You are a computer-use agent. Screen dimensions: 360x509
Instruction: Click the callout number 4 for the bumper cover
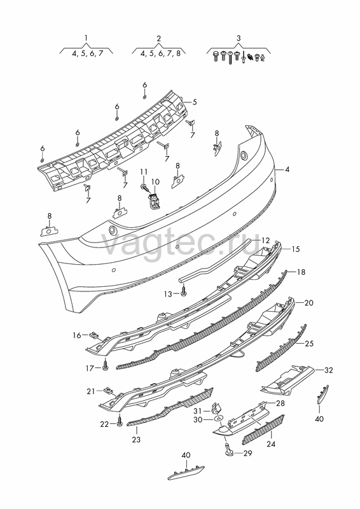click(x=287, y=169)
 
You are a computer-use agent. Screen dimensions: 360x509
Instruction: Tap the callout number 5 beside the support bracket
click(x=195, y=102)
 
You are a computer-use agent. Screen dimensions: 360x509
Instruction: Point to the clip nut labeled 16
click(x=93, y=334)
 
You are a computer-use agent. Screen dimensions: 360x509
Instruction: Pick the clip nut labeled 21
click(x=107, y=390)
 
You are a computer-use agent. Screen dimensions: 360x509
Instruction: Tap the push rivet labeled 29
click(x=228, y=449)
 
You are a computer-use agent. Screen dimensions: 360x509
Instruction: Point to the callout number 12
click(x=265, y=241)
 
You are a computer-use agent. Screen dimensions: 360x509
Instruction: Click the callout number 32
click(x=328, y=370)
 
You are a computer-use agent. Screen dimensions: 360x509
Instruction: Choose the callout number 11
click(x=144, y=172)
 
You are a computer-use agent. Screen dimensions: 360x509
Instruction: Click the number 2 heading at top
click(x=159, y=38)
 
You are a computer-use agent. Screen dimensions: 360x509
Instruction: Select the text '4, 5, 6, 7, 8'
click(x=160, y=53)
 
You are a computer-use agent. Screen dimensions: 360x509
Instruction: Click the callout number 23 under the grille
click(x=136, y=440)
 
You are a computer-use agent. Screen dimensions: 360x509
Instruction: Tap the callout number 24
click(x=271, y=443)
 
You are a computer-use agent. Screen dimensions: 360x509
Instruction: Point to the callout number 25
click(x=309, y=344)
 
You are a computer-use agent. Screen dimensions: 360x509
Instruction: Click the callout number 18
click(x=301, y=272)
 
